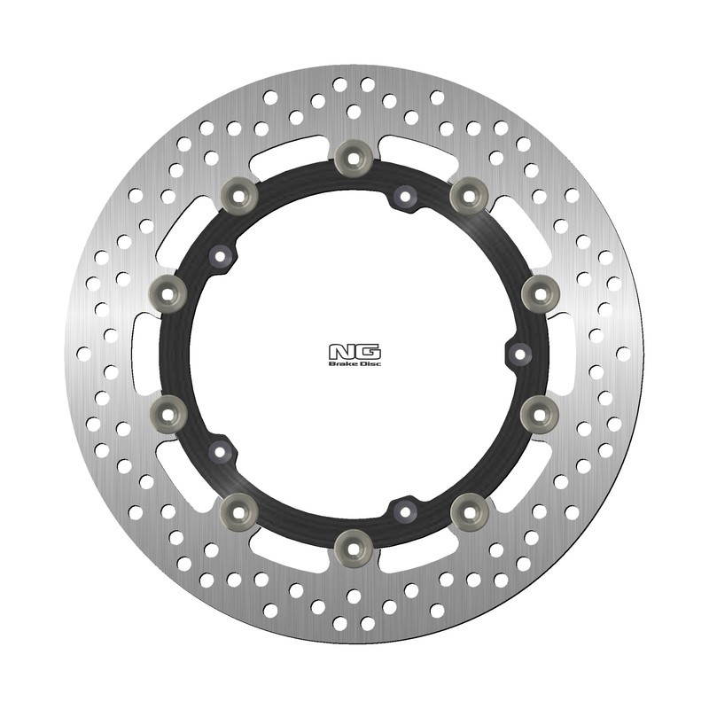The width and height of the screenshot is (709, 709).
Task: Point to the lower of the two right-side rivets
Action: coord(539,411)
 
